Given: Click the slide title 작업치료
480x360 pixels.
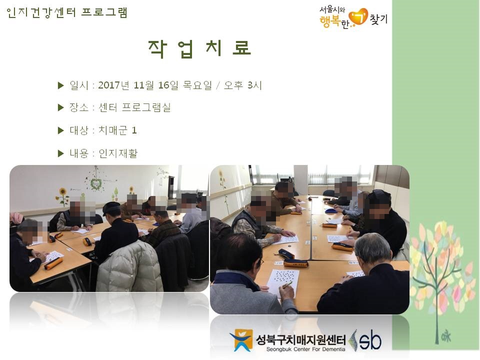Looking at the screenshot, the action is pyautogui.click(x=199, y=48).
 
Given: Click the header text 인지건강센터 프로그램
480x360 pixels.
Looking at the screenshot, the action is pyautogui.click(x=66, y=12).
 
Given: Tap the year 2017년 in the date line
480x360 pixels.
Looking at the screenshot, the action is pyautogui.click(x=113, y=85).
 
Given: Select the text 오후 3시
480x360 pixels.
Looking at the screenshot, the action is pyautogui.click(x=243, y=85).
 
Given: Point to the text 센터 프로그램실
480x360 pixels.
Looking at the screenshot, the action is pyautogui.click(x=134, y=107).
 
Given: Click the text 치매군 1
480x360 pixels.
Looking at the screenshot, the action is pyautogui.click(x=117, y=130).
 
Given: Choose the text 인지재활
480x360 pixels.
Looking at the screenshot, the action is pyautogui.click(x=118, y=153).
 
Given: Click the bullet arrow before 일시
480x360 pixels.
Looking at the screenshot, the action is pyautogui.click(x=60, y=85).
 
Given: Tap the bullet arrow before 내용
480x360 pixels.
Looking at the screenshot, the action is pyautogui.click(x=60, y=153).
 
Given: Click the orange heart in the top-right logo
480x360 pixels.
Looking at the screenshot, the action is pyautogui.click(x=358, y=17).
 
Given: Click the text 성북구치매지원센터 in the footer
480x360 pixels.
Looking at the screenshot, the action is pyautogui.click(x=300, y=339).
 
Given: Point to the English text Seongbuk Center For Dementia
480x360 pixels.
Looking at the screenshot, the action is pyautogui.click(x=305, y=349).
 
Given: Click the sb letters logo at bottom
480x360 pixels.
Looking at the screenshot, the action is pyautogui.click(x=370, y=340).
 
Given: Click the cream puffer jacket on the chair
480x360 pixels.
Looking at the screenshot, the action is pyautogui.click(x=130, y=267).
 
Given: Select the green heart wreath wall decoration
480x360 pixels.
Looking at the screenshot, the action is pyautogui.click(x=96, y=183).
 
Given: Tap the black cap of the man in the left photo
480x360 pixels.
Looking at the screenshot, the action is pyautogui.click(x=111, y=208).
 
